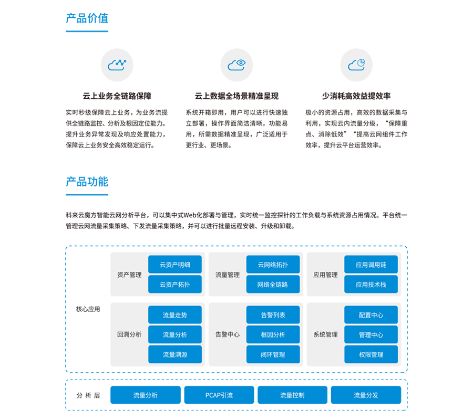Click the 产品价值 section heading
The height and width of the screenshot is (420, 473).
(x=87, y=18)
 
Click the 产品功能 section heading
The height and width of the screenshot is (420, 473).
(x=87, y=182)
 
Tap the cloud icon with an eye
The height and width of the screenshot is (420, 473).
(x=236, y=65)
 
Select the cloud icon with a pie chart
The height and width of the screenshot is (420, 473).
(x=356, y=65)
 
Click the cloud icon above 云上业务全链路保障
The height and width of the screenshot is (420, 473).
(x=117, y=65)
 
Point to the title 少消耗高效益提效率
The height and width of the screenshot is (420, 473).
(x=356, y=96)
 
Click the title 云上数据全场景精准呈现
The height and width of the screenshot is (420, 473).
(x=236, y=96)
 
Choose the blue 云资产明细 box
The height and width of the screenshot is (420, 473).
(x=175, y=265)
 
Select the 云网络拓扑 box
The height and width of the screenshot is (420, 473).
(x=273, y=265)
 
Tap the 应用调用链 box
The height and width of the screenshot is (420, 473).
(x=371, y=265)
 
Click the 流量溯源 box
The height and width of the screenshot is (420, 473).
(x=175, y=354)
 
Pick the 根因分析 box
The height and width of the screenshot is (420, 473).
(x=273, y=335)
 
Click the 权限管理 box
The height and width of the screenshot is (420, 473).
(x=371, y=354)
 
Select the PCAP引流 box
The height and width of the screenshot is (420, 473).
(x=219, y=395)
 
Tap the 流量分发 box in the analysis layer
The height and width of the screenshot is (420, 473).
(x=366, y=395)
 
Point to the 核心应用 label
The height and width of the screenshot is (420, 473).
(x=88, y=309)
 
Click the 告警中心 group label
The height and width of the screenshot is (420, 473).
(x=228, y=335)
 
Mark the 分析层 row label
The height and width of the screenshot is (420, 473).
(x=88, y=395)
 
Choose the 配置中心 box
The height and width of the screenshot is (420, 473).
(x=371, y=315)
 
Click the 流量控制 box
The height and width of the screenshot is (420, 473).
(x=292, y=395)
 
